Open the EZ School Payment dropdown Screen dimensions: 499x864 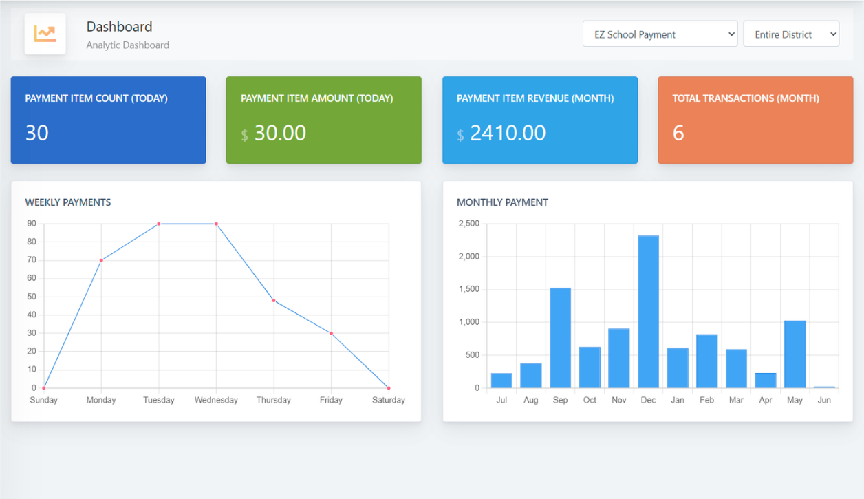tap(660, 34)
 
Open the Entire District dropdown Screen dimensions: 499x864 tap(791, 34)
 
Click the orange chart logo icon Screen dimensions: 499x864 tap(45, 34)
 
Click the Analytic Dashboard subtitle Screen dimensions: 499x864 tap(127, 45)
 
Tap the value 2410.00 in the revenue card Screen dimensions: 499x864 tap(508, 133)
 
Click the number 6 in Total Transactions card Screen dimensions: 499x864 tap(678, 133)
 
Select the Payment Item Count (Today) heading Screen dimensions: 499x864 tap(96, 98)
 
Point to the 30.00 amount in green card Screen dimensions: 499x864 tap(280, 133)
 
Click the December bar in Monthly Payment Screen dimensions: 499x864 tap(648, 312)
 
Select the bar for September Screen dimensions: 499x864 tap(560, 338)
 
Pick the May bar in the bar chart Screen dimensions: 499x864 tap(795, 354)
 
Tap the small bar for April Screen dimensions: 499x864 tap(766, 381)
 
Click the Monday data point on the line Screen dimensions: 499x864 tap(101, 260)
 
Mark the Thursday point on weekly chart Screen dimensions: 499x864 tap(274, 301)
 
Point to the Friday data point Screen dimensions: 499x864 tap(331, 333)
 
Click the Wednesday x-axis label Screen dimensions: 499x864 tap(216, 400)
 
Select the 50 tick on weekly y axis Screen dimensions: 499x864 tap(32, 297)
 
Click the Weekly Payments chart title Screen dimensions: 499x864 tap(68, 202)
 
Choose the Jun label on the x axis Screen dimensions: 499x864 tap(823, 400)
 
